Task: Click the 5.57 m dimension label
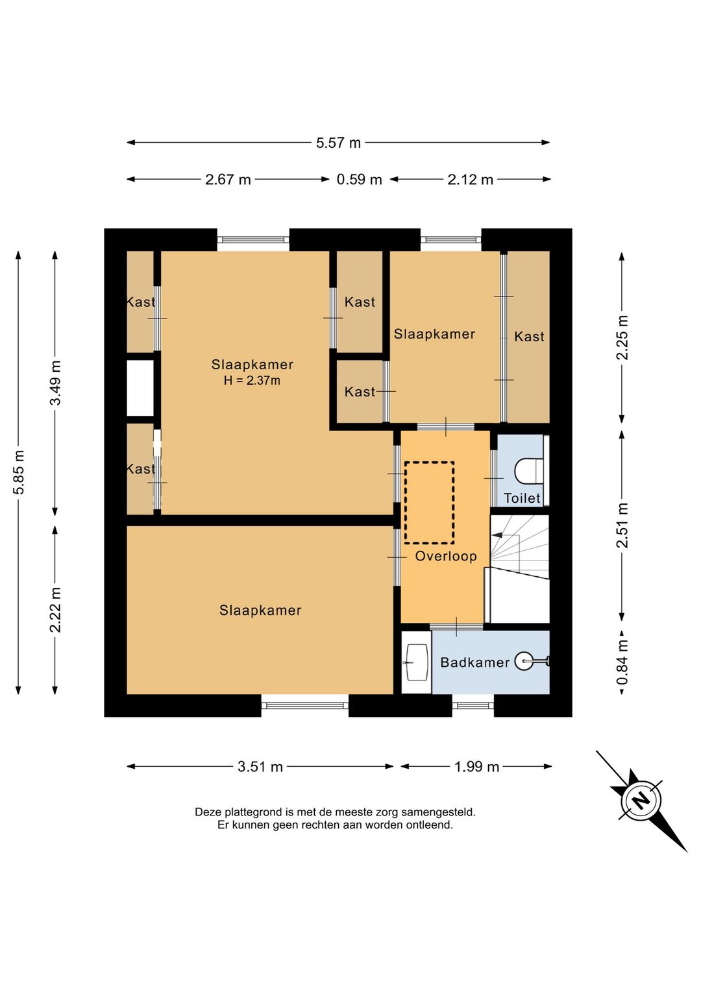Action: [x=338, y=143]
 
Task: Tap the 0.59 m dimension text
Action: [x=359, y=180]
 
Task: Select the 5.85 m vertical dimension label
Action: [x=19, y=472]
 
